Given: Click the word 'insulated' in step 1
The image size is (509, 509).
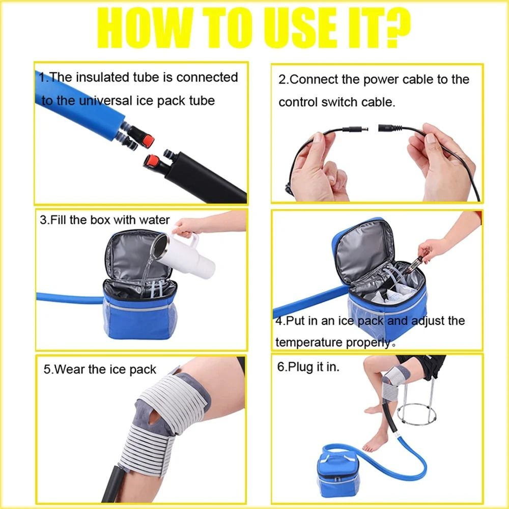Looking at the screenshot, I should click(x=109, y=77).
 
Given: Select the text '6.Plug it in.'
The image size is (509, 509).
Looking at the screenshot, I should click(x=308, y=367).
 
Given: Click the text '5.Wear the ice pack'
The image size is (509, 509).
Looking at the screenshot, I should click(x=100, y=369).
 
